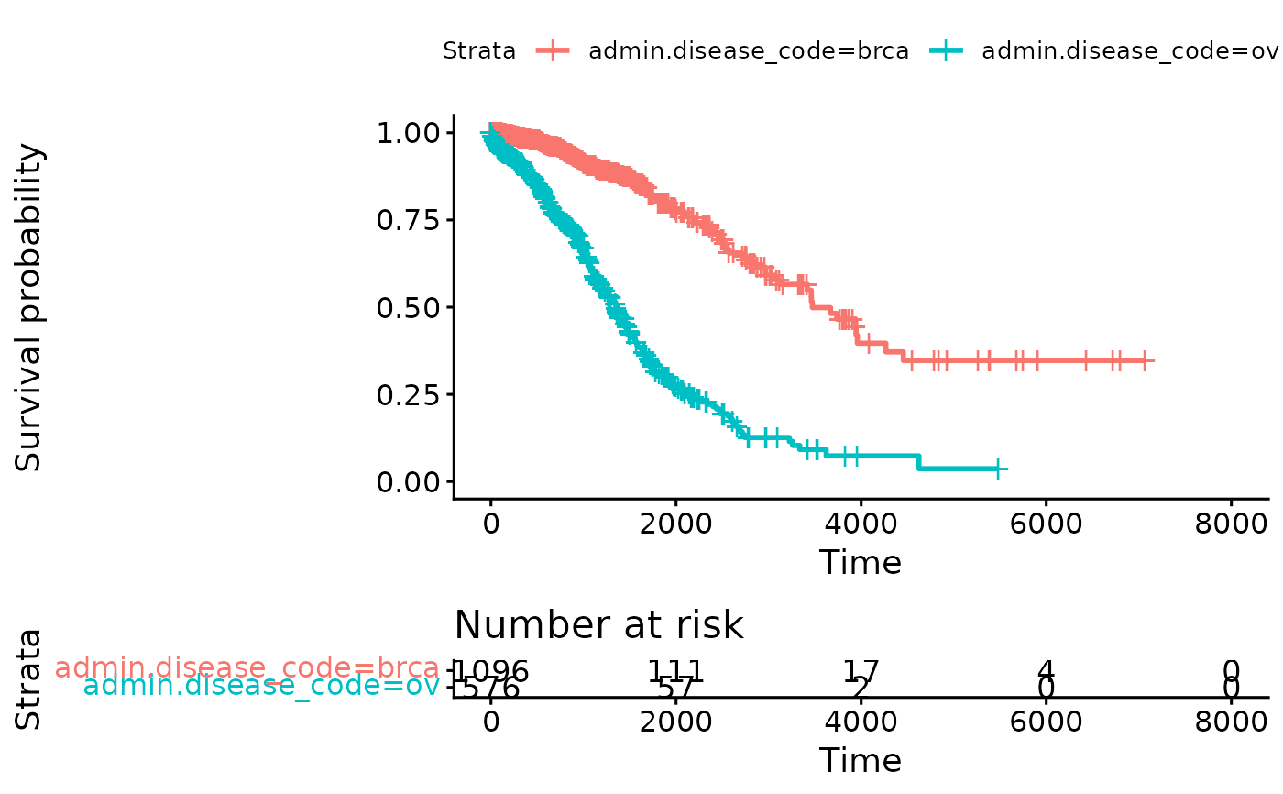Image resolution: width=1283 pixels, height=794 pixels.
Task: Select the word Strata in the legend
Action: coord(479,51)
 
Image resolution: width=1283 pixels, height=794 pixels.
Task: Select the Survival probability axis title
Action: coord(29,307)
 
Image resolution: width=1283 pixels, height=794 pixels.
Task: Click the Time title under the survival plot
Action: coord(861,562)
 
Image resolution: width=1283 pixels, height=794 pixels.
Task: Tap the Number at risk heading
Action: coord(598,625)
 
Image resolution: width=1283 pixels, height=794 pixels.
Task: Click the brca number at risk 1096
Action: coord(492,670)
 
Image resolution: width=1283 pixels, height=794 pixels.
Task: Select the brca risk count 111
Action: coord(675,670)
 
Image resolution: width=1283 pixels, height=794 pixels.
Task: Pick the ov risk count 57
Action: coord(675,688)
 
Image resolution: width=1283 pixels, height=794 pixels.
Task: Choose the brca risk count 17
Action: coord(861,670)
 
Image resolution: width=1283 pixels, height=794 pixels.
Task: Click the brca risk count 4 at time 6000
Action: coord(1046,670)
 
